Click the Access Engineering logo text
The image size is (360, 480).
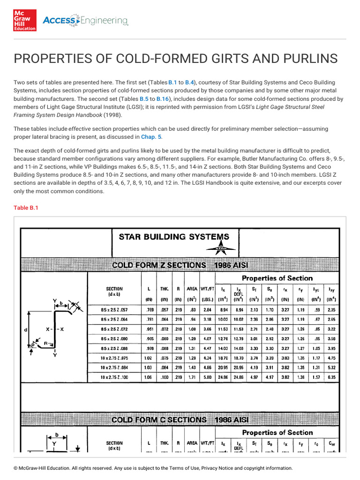[x=85, y=20]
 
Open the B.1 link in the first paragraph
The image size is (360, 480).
[x=172, y=82]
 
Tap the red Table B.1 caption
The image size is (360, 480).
[x=26, y=208]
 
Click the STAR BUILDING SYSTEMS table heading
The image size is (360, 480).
[x=174, y=237]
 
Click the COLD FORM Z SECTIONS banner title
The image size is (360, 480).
[x=158, y=265]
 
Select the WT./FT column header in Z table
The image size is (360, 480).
[x=207, y=290]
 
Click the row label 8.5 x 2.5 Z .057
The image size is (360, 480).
[x=114, y=310]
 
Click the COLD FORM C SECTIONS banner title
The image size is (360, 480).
[x=158, y=420]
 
